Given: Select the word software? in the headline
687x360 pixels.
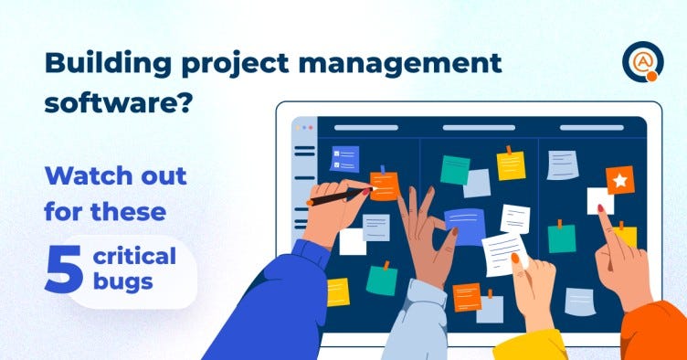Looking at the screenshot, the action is coord(118,103).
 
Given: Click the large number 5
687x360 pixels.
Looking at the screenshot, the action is coord(64,269).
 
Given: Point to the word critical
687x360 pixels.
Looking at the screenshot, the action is coord(134,256).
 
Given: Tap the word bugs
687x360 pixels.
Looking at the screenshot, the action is coord(122,281).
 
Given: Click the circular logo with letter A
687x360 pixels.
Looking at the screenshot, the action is coord(643,61).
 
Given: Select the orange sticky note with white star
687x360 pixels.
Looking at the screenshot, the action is coord(620,180).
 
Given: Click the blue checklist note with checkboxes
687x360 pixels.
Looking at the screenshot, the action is coord(344,159).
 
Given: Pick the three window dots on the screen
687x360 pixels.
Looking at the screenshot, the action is coord(304,128).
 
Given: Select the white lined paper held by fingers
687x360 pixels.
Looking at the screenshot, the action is coord(504,254).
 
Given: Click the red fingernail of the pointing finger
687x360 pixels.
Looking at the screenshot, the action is coord(601,208).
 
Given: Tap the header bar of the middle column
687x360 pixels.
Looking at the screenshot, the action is coord(479,128).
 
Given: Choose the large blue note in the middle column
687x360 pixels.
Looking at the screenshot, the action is coord(465,227).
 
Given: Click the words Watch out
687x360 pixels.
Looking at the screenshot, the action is coord(116,176).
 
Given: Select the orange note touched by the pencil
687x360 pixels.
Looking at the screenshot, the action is coord(385,185).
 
